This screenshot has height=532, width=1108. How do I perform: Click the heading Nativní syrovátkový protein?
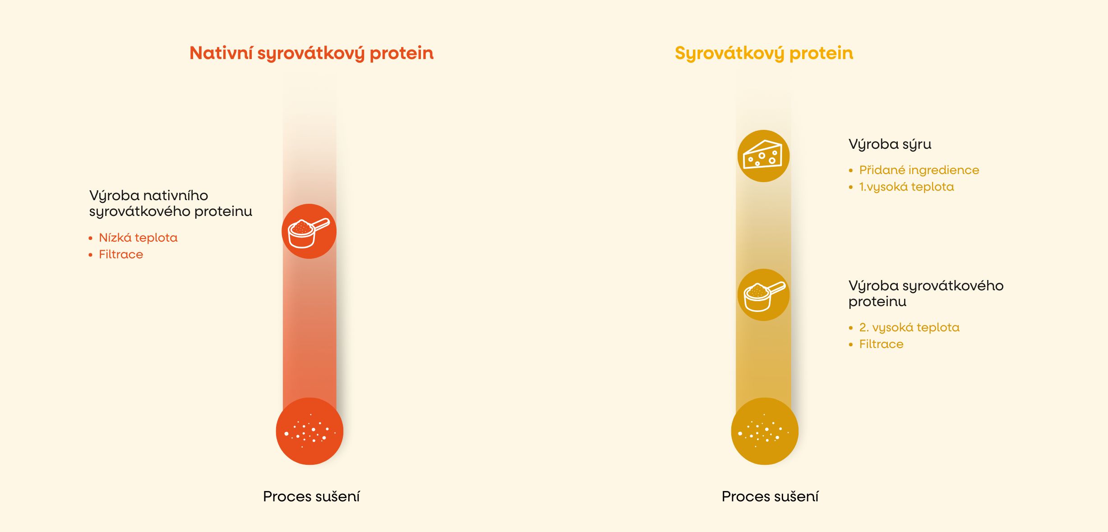[x=311, y=53]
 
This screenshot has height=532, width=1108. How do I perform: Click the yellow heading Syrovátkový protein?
[x=764, y=53]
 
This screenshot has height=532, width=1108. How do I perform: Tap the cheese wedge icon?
[x=763, y=156]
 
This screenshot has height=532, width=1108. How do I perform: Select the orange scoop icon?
[x=309, y=231]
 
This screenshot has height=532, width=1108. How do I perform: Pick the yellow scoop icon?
[x=763, y=295]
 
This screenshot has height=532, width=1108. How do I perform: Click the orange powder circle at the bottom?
[x=309, y=431]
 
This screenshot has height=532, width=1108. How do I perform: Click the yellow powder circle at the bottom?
[x=765, y=431]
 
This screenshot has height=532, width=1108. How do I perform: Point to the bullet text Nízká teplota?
[x=138, y=238]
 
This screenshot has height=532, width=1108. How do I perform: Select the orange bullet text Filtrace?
[x=121, y=254]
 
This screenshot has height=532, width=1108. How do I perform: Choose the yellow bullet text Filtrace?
[x=881, y=344]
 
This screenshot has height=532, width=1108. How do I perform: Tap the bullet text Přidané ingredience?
[x=919, y=170]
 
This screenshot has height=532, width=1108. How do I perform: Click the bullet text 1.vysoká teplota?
[x=906, y=187]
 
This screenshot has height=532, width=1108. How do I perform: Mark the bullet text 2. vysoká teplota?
[x=909, y=327]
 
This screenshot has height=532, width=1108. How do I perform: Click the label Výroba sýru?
[x=890, y=144]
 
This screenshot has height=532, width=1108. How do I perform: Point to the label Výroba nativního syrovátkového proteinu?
[x=171, y=203]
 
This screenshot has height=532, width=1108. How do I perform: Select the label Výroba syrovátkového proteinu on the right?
[x=926, y=294]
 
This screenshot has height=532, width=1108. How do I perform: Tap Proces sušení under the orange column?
[x=311, y=496]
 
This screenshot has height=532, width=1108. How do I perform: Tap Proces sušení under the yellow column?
[x=770, y=496]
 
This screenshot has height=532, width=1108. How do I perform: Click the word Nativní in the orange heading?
[x=221, y=53]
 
